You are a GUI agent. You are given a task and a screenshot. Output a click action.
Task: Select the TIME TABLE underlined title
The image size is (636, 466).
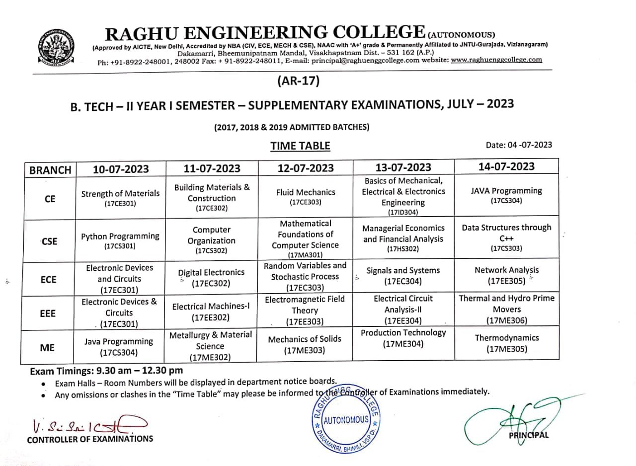300,146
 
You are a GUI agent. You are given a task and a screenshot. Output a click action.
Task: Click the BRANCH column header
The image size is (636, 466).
50,169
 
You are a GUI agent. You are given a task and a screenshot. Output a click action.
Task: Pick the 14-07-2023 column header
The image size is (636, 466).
506,166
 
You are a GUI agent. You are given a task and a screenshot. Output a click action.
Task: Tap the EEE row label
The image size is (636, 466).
48,313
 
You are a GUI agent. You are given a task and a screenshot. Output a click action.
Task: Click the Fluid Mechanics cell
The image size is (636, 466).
306,196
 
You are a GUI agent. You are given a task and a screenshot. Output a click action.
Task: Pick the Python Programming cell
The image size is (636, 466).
120,240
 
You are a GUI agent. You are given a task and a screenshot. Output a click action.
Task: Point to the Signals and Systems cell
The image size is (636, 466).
403,275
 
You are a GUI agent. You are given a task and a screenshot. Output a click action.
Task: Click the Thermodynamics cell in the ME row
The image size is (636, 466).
507,343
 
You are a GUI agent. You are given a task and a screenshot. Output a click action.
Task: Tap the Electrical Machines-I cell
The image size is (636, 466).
211,311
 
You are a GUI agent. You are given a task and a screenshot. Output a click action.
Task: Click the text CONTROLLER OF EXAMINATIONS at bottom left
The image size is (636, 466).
90,439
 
